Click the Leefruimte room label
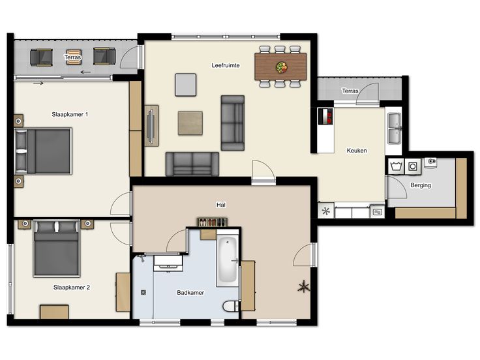pyautogui.click(x=226, y=65)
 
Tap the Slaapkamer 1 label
pyautogui.click(x=70, y=115)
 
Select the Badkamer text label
pyautogui.click(x=190, y=293)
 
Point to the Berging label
pyautogui.click(x=421, y=185)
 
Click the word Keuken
pyautogui.click(x=357, y=151)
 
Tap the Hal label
pyautogui.click(x=221, y=205)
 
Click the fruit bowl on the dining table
pyautogui.click(x=281, y=67)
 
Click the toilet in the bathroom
pyautogui.click(x=231, y=306)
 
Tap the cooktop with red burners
pyautogui.click(x=325, y=117)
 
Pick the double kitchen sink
pyautogui.click(x=395, y=128)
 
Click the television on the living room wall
pyautogui.click(x=151, y=126)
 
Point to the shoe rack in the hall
pyautogui.click(x=212, y=222)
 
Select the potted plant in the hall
pyautogui.click(x=304, y=287)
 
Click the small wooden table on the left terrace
pyautogui.click(x=74, y=57)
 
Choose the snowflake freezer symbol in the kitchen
pyautogui.click(x=326, y=211)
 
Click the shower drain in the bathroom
pyautogui.click(x=143, y=293)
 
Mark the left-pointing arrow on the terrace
pyautogui.click(x=85, y=72)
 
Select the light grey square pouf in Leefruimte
pyautogui.click(x=185, y=85)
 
